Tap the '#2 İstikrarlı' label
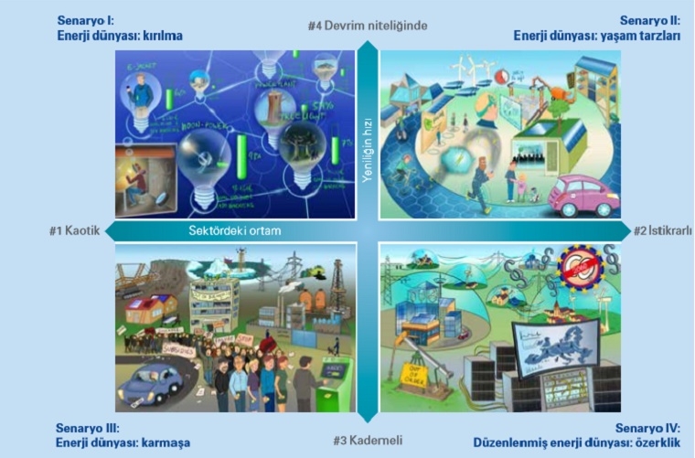click(x=662, y=231)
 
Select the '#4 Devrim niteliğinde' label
click(x=368, y=26)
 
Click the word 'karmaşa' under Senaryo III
click(x=165, y=442)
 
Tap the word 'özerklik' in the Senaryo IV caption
click(x=653, y=442)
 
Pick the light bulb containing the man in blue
click(x=144, y=94)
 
